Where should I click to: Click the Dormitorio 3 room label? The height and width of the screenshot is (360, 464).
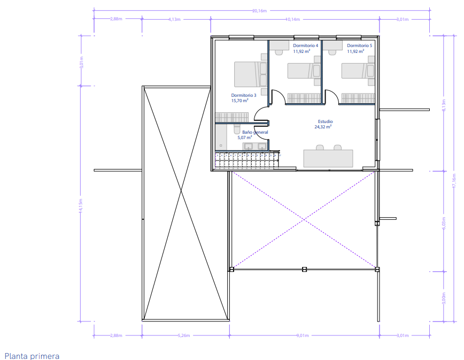coord(244,95)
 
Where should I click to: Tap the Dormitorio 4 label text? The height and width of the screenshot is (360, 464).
coord(305,45)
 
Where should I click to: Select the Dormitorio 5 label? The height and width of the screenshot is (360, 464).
coord(360,45)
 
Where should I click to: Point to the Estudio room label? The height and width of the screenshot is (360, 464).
coord(325,121)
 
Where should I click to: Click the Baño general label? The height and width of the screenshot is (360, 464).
coord(255,132)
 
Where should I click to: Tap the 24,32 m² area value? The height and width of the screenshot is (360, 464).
coord(323,127)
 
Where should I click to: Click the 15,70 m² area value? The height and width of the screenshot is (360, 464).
coord(239,101)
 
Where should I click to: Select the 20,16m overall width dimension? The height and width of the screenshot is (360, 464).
coord(259,11)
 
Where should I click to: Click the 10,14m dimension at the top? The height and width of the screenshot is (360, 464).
coord(292,20)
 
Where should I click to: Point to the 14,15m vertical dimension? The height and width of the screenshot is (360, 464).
coord(81,205)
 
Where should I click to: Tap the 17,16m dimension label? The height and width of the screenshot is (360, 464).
coord(454,180)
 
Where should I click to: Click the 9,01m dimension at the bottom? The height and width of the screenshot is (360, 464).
coord(303,335)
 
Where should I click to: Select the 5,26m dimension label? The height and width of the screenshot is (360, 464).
coord(184,335)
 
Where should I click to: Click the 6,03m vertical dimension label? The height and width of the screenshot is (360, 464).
coord(444,223)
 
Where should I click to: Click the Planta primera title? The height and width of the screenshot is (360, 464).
coord(32,356)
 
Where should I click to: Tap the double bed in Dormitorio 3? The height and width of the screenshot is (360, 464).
coord(251,74)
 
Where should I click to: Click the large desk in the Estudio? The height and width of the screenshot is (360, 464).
coord(328,158)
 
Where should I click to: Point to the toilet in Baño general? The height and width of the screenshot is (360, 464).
coord(237,129)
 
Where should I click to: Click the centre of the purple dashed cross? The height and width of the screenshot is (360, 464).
coord(304,219)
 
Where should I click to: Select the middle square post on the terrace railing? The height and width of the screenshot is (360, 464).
coord(304,270)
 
